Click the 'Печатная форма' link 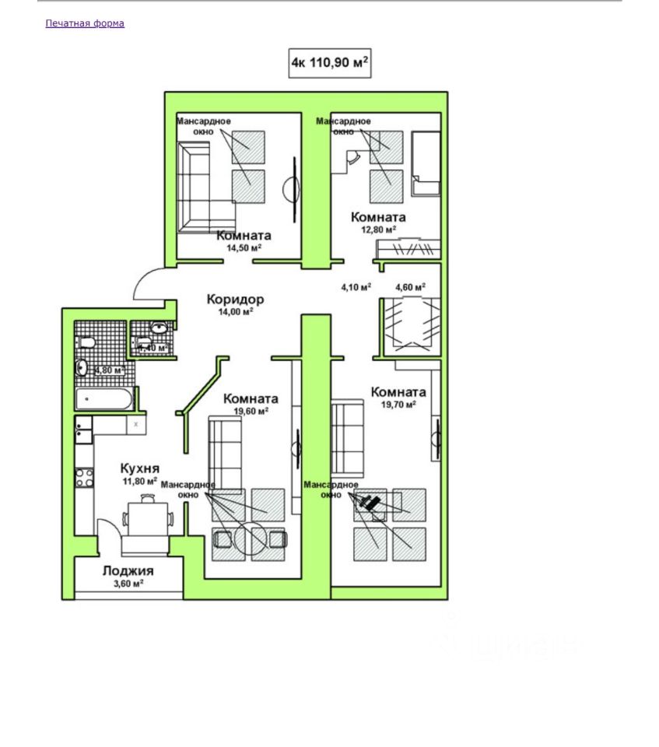point(85,23)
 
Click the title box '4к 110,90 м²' point(329,62)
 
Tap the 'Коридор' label point(235,299)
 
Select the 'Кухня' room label point(140,468)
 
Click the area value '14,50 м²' point(244,248)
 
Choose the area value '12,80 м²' point(378,229)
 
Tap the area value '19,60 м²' point(251,412)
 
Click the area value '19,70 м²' point(398,405)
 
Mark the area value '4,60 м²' point(410,287)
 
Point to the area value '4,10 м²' point(356,287)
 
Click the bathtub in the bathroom point(104,399)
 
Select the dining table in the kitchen point(147,517)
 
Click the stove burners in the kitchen point(83,476)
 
